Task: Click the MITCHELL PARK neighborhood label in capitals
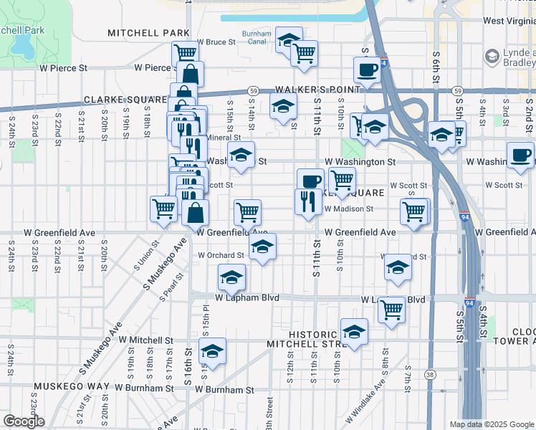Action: (148, 33)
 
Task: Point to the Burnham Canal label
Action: (257, 37)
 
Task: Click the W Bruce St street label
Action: (216, 42)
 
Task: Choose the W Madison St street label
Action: (349, 209)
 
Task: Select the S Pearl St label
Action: (172, 286)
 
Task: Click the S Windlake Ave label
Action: (365, 406)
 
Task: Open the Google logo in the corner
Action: (24, 421)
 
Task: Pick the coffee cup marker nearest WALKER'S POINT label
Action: (368, 70)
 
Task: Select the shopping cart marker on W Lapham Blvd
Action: (392, 309)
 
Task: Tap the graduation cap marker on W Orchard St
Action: (263, 247)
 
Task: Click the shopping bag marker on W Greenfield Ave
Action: (195, 212)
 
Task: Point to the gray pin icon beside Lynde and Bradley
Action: (492, 56)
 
